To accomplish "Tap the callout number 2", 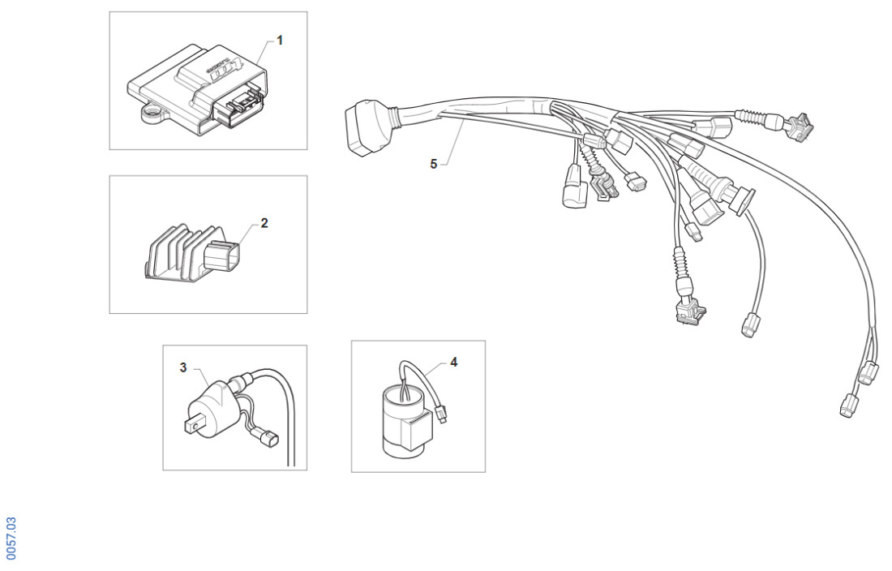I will click(x=264, y=222).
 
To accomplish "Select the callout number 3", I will click(x=183, y=367).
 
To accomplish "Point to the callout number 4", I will click(x=453, y=362).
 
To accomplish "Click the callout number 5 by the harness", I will click(x=433, y=164).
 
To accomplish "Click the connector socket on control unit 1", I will click(x=238, y=107).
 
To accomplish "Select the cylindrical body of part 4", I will click(x=402, y=422).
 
